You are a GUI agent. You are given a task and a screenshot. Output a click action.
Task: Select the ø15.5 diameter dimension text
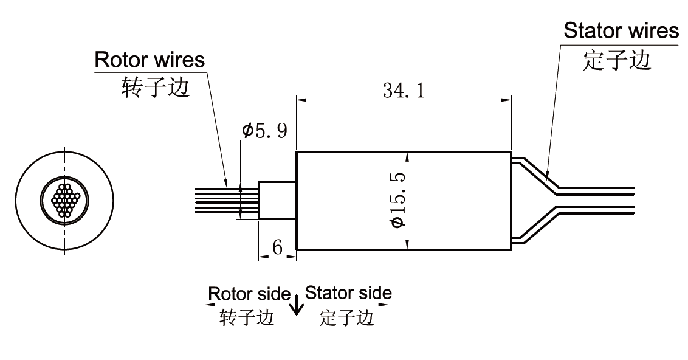(x=397, y=201)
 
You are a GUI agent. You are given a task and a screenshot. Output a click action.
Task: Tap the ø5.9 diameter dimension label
(x=264, y=130)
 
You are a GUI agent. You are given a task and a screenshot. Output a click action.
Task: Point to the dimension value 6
(x=277, y=246)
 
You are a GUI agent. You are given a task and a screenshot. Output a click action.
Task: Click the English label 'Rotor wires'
(x=150, y=60)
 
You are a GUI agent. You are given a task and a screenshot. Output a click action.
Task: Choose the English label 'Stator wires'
(x=621, y=30)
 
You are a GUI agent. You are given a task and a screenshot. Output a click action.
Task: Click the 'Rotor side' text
(x=249, y=294)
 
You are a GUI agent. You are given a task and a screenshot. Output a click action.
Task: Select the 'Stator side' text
(x=348, y=293)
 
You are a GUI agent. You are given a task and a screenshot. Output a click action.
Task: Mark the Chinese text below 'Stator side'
(x=346, y=317)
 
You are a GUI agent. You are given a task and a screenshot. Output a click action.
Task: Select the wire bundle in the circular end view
(x=64, y=200)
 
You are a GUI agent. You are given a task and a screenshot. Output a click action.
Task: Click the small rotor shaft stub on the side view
(x=277, y=201)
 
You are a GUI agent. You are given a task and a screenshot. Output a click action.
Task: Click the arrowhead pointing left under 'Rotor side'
(x=210, y=304)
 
